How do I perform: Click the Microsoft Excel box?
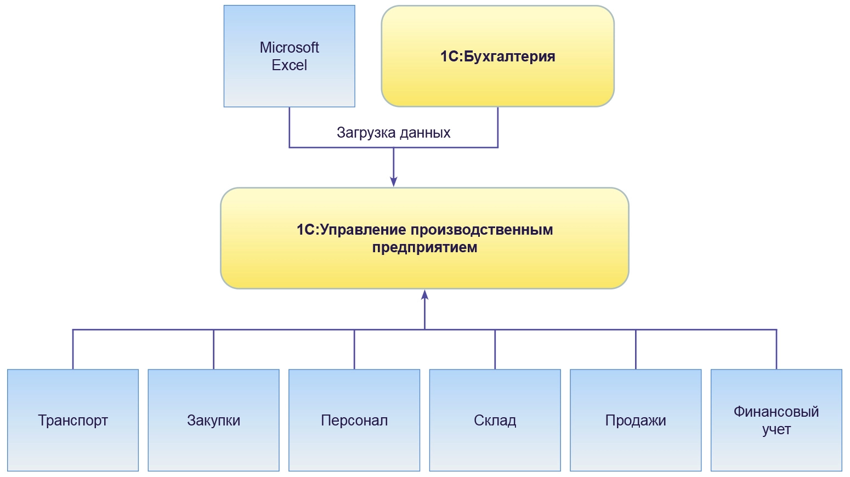pos(289,82)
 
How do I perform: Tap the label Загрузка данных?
pos(393,133)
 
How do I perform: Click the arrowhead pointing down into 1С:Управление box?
pos(393,182)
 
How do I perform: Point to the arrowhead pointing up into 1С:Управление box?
pos(424,295)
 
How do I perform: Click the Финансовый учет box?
pos(776,450)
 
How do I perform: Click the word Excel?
pos(289,65)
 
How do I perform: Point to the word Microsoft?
pos(289,48)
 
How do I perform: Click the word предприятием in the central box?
pos(424,247)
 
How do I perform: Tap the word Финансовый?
pos(776,412)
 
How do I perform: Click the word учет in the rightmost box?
pos(776,429)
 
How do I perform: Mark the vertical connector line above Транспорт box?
pos(73,349)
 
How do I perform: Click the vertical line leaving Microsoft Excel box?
pos(290,127)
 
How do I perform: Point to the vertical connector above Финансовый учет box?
pos(777,349)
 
